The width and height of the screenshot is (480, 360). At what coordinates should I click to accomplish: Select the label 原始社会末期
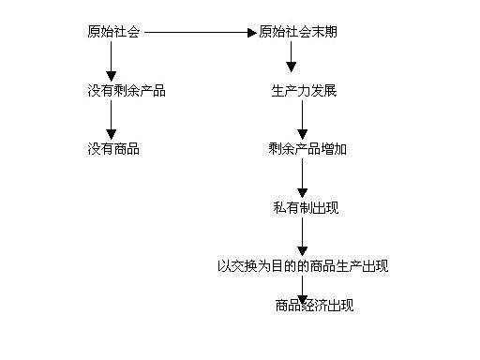click(298, 32)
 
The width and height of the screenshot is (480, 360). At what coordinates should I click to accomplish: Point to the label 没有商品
click(112, 148)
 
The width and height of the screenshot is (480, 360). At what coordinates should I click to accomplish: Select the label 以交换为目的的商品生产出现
click(302, 266)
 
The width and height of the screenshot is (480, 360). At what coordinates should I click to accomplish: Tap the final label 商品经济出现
click(314, 306)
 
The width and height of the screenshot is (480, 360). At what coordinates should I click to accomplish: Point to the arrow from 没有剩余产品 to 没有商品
click(112, 120)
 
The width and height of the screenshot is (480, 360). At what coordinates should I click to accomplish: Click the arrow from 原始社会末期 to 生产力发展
click(291, 58)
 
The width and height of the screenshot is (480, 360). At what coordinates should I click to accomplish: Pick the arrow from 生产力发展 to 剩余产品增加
click(302, 120)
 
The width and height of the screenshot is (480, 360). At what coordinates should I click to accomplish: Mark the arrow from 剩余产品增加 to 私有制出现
click(302, 177)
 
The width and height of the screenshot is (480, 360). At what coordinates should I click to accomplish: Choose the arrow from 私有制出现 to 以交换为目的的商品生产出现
click(302, 236)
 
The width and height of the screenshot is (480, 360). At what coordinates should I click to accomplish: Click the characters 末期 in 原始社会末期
click(324, 32)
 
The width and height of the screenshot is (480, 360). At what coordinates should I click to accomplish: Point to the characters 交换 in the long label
click(242, 266)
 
